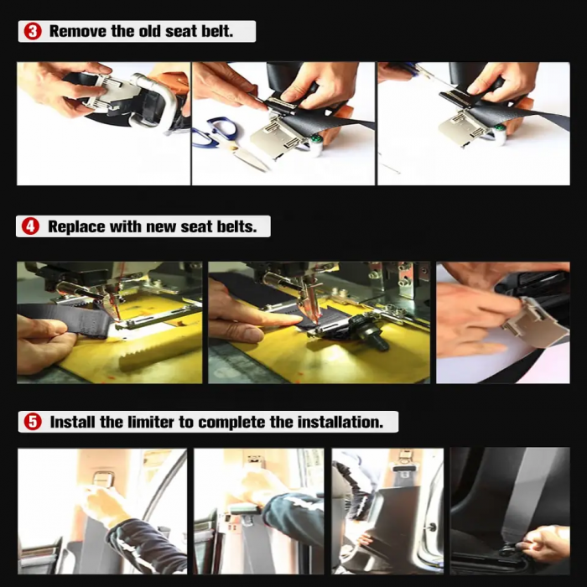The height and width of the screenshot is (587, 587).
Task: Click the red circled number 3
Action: tap(33, 31)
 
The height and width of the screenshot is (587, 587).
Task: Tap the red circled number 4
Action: tap(30, 226)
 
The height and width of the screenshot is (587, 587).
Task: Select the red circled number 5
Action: tap(33, 422)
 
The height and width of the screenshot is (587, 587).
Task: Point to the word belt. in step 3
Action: tap(217, 31)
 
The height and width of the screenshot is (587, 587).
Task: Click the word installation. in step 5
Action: tap(340, 422)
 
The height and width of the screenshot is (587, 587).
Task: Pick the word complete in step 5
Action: tap(231, 423)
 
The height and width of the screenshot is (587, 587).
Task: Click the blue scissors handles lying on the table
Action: tap(217, 129)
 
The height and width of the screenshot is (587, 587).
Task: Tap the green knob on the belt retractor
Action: tap(314, 141)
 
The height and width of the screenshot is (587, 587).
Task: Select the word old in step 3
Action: tap(149, 31)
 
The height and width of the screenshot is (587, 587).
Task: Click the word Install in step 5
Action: tap(73, 422)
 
